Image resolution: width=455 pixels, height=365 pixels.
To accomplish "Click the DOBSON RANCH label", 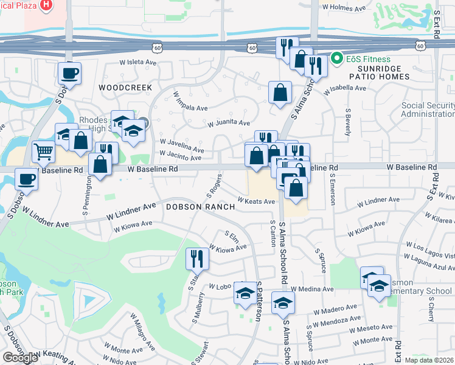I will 200,207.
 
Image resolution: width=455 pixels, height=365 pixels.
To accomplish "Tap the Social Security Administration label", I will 428,110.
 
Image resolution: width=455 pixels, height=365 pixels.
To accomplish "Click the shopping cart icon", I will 43,152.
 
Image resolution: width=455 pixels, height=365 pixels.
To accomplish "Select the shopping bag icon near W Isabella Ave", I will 280,93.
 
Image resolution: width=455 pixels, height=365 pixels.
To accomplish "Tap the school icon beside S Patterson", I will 245,294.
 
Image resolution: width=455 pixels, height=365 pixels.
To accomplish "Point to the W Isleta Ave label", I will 139,62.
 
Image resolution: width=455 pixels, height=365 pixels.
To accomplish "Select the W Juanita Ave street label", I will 228,123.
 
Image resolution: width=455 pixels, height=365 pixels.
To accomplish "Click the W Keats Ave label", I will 256,200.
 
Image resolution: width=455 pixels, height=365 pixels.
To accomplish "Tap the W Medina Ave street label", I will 312,289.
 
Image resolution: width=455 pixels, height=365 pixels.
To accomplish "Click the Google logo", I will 20,358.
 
